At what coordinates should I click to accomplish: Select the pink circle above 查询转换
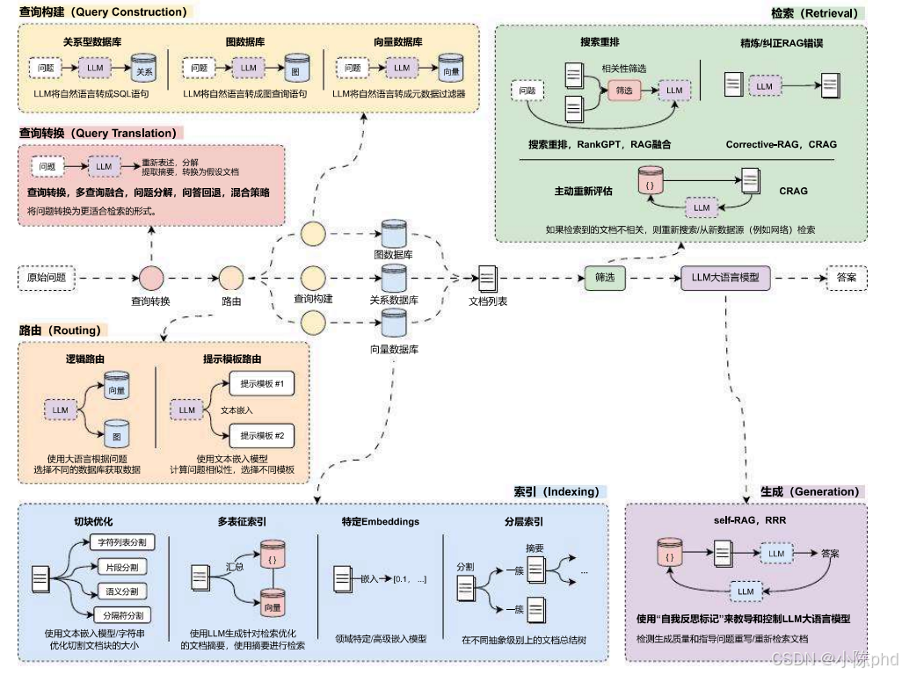click(x=151, y=279)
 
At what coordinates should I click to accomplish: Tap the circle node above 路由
click(x=231, y=279)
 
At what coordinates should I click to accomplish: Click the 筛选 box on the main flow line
click(x=605, y=278)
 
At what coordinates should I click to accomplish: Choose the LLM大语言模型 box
click(x=726, y=278)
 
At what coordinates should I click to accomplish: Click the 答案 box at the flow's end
click(x=847, y=279)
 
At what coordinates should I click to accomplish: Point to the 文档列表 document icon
click(x=487, y=279)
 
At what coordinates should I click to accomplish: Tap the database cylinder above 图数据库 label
click(x=393, y=234)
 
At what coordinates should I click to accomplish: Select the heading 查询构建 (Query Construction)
click(x=103, y=12)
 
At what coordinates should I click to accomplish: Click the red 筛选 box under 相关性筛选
click(x=623, y=90)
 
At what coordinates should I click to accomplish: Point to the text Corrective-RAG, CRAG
click(x=781, y=144)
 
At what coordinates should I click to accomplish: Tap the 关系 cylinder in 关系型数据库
click(x=143, y=69)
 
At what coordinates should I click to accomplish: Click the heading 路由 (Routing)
click(x=60, y=330)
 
